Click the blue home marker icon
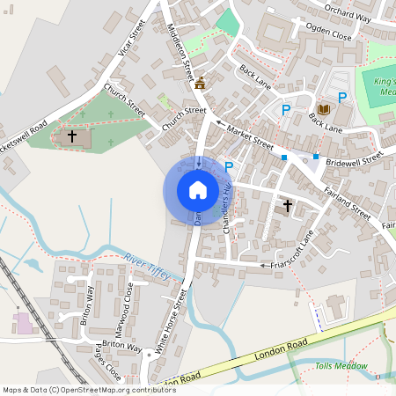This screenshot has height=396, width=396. click(197, 190)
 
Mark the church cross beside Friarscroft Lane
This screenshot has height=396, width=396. click(287, 206)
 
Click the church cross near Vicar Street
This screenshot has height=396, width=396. click(72, 136)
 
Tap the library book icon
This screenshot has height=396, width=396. click(322, 109)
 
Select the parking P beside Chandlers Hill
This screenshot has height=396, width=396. click(229, 166)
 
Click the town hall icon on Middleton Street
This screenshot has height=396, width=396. click(199, 84)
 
